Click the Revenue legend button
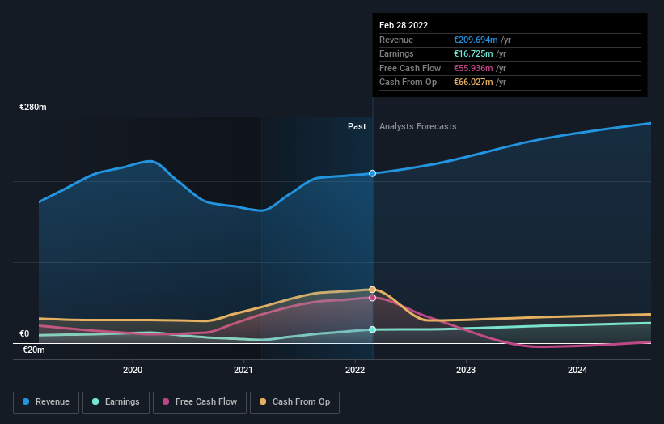(46, 402)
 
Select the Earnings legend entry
(116, 402)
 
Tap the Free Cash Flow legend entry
(200, 402)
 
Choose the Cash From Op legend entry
(295, 402)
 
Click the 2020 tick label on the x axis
(133, 371)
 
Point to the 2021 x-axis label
(243, 371)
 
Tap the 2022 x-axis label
(355, 371)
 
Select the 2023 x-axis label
(466, 371)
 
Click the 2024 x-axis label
(577, 371)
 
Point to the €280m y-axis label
(33, 108)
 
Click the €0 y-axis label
(24, 333)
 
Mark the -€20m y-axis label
(32, 350)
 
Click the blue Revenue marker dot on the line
(373, 173)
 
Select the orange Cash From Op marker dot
(373, 290)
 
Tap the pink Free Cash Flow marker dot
(373, 298)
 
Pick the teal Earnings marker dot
(373, 329)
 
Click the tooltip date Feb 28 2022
(404, 25)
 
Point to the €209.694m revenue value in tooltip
(476, 40)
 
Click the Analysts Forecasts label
(417, 126)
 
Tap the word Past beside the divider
(357, 126)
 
